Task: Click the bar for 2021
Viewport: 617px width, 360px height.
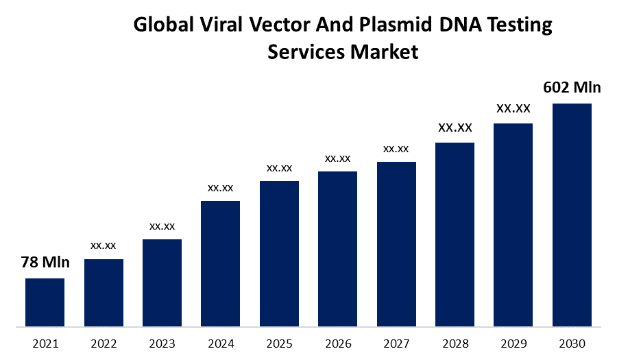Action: coord(45,302)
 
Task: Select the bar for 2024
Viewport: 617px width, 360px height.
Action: coord(220,263)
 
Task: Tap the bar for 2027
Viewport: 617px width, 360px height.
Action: coord(396,243)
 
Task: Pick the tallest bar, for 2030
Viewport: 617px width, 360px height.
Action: coord(572,215)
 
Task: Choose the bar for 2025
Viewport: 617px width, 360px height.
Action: coord(279,253)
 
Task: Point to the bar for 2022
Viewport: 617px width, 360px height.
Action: coord(104,292)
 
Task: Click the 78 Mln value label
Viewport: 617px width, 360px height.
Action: coord(45,262)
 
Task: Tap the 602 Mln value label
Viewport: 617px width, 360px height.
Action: coord(572,88)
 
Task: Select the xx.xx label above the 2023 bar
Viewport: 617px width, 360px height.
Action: coord(162,226)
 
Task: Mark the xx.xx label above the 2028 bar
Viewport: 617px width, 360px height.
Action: coord(455,128)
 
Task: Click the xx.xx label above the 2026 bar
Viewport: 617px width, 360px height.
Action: coord(337,158)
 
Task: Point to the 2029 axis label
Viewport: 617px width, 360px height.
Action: coord(513,343)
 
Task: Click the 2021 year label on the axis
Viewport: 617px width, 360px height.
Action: coord(45,343)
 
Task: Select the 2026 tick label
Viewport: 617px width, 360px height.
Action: coord(337,343)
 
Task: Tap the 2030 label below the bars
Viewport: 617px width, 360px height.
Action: coord(572,343)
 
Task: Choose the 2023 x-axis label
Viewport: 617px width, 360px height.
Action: coord(162,343)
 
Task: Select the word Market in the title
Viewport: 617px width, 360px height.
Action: coord(383,52)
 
